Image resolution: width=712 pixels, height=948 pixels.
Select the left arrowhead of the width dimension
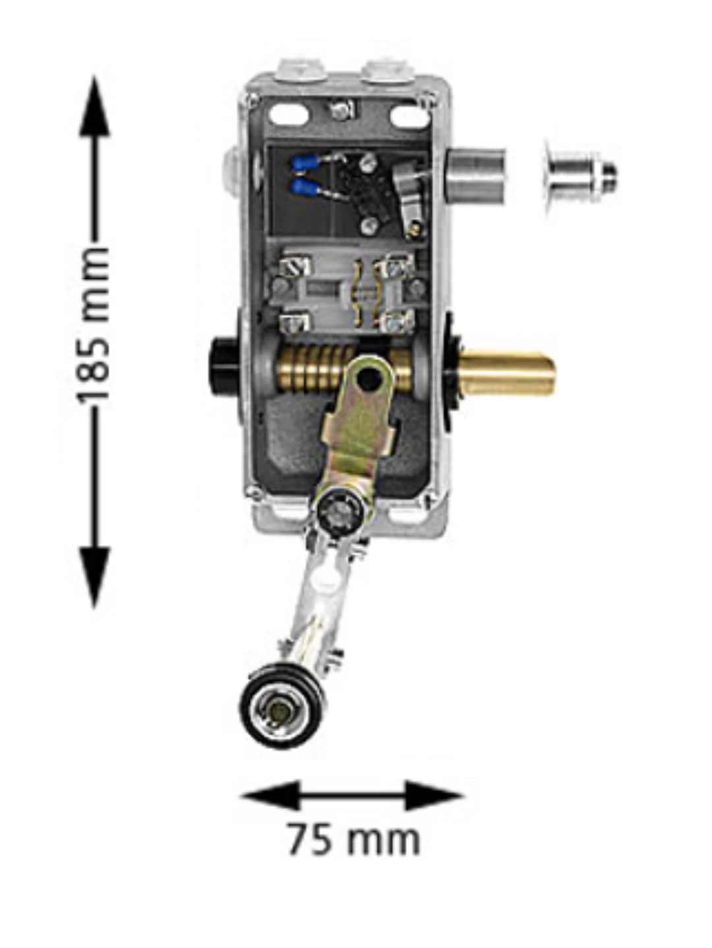click(270, 795)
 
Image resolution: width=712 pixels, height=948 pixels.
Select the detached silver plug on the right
click(580, 174)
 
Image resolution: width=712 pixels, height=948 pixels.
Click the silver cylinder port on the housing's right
click(476, 174)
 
